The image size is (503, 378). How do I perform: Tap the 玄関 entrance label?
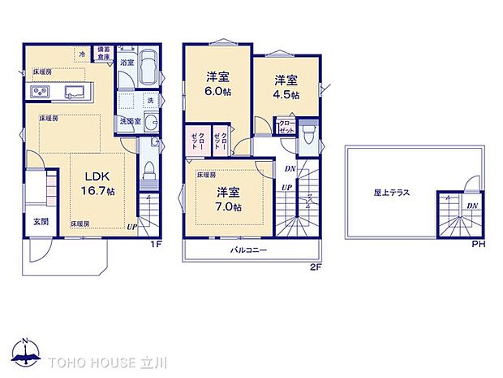(41, 220)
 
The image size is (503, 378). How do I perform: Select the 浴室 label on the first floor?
(127, 62)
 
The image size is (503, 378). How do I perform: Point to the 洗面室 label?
(130, 121)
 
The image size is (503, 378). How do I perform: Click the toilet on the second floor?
(307, 136)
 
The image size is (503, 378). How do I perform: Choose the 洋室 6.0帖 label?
(216, 85)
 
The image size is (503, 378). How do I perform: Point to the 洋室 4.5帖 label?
(285, 87)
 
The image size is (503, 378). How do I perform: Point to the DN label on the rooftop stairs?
(472, 206)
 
